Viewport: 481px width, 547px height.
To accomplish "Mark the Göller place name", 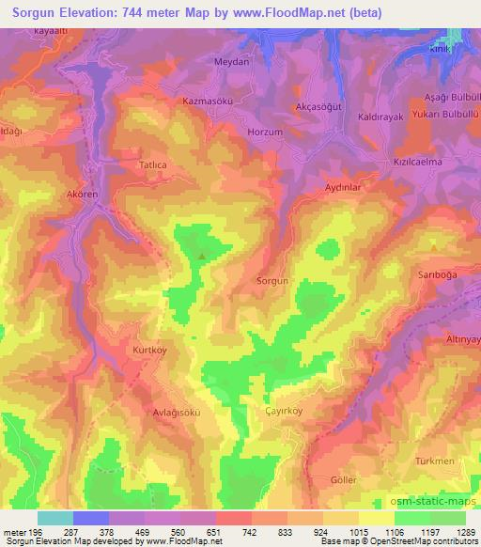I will click(344, 479).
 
